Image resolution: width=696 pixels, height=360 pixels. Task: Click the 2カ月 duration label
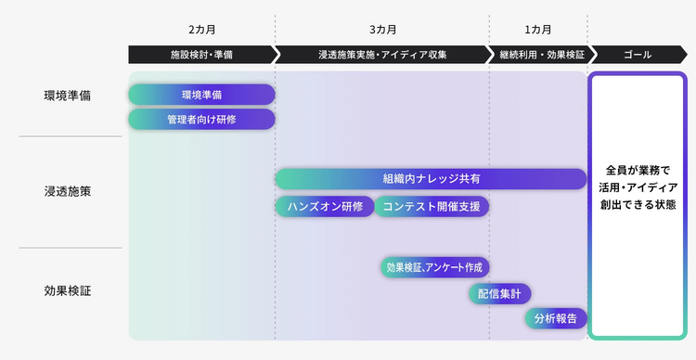click(x=201, y=30)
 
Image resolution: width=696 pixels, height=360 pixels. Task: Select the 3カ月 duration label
click(x=382, y=30)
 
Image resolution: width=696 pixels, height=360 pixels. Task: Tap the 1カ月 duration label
click(x=537, y=30)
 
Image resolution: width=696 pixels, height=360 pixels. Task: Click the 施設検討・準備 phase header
click(x=201, y=55)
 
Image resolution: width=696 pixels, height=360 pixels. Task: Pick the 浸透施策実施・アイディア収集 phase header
click(x=382, y=55)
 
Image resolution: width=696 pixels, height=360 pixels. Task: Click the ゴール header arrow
click(x=638, y=55)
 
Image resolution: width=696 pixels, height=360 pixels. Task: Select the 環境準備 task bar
click(x=201, y=95)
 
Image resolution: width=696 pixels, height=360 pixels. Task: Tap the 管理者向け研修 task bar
click(x=201, y=120)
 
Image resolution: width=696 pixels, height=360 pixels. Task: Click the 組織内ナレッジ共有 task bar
click(x=431, y=179)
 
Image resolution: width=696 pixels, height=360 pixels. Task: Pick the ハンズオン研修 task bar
click(x=324, y=206)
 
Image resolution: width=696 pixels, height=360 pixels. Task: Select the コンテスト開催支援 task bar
click(x=432, y=206)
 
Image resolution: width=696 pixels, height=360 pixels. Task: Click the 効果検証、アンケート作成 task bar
click(x=434, y=267)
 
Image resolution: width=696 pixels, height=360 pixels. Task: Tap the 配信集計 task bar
click(x=499, y=293)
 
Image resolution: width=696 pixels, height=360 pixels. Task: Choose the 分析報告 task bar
click(x=555, y=318)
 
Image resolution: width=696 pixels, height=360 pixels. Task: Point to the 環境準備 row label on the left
click(x=67, y=96)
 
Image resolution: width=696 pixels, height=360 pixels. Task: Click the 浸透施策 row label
click(x=67, y=192)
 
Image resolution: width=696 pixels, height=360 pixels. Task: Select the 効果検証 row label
click(x=67, y=291)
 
